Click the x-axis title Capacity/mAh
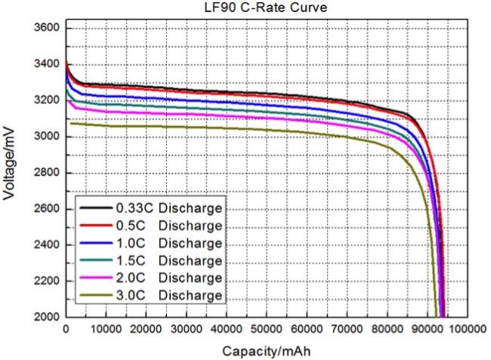coord(266,351)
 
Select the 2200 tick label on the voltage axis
coord(47,281)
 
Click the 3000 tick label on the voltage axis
coord(47,137)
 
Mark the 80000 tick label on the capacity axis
coord(386,329)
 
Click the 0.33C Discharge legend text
coord(168,208)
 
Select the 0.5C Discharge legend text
coord(168,226)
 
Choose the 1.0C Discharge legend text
coord(168,243)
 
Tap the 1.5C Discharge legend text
coord(168,260)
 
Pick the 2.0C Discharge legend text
coord(168,278)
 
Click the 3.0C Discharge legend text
coord(168,295)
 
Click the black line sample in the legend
coord(94,208)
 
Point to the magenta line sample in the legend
coord(94,278)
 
